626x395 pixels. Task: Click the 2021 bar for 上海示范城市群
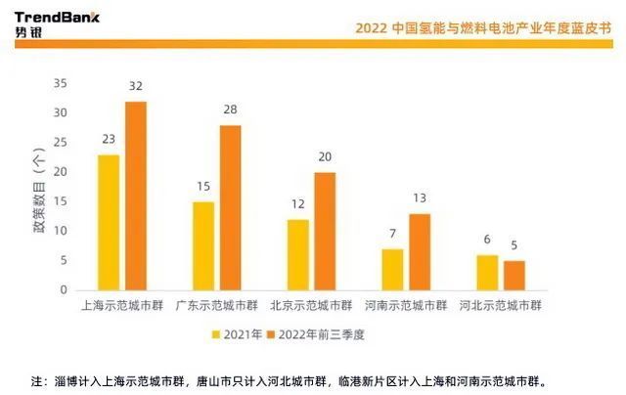(x=109, y=222)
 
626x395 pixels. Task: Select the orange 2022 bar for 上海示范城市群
(x=135, y=196)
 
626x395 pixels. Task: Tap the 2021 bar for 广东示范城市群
(x=203, y=245)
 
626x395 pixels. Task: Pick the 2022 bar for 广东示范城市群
(x=230, y=207)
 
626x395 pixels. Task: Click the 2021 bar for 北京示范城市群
(x=298, y=254)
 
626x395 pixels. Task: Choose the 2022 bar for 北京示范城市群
(x=325, y=231)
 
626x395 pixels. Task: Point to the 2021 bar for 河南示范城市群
(x=392, y=269)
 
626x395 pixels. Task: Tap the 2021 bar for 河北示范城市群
(x=487, y=272)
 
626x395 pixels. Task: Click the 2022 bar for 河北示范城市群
(x=514, y=275)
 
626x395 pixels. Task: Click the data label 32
(x=136, y=87)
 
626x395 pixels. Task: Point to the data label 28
(x=231, y=110)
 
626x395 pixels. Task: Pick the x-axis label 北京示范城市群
(x=312, y=305)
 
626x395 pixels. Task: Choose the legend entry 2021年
(x=237, y=333)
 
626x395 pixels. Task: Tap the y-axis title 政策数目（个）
(x=37, y=187)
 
